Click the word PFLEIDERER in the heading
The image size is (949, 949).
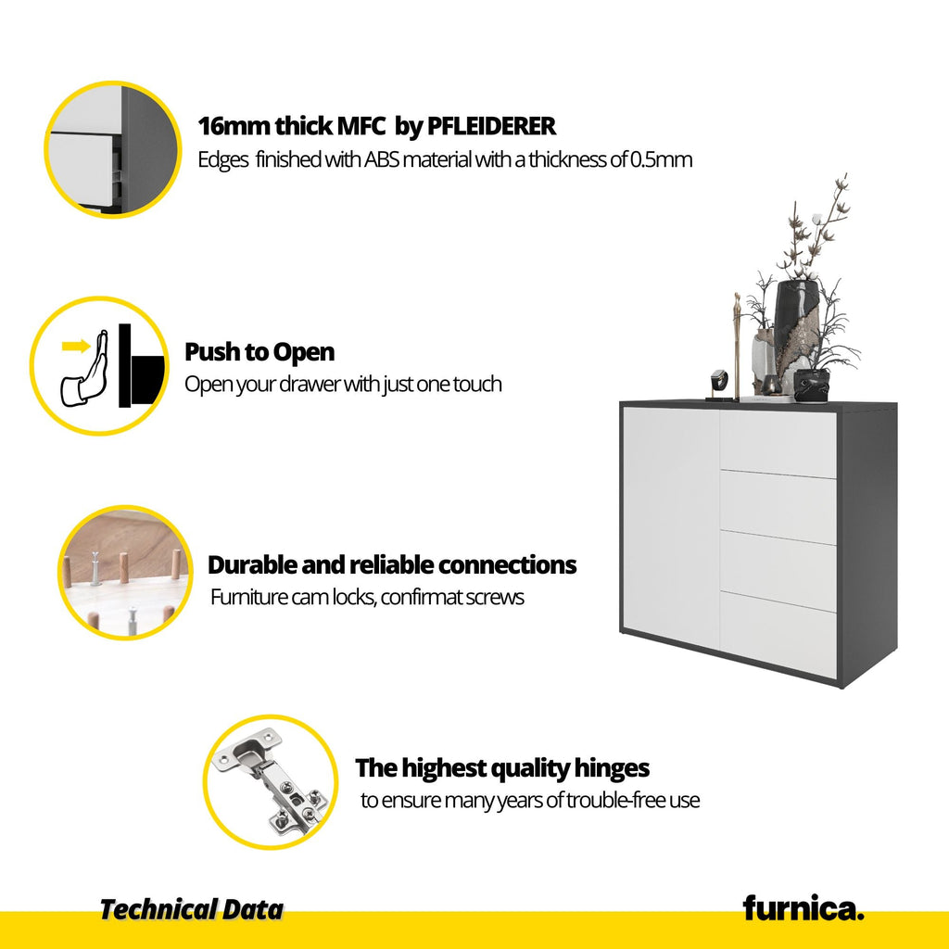click(x=491, y=126)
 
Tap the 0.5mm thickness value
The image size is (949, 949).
click(x=661, y=159)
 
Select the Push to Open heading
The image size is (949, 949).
click(x=259, y=351)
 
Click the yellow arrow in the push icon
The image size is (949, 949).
click(x=76, y=347)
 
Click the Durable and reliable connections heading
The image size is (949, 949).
click(x=392, y=564)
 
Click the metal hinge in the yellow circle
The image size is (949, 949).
click(x=271, y=780)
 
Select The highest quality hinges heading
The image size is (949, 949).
click(x=502, y=768)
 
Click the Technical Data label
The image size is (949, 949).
click(x=191, y=910)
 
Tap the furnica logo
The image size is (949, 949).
click(x=803, y=908)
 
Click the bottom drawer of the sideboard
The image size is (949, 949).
click(x=778, y=634)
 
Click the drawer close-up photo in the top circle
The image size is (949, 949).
click(x=112, y=149)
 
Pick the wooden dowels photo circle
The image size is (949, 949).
click(x=125, y=572)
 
